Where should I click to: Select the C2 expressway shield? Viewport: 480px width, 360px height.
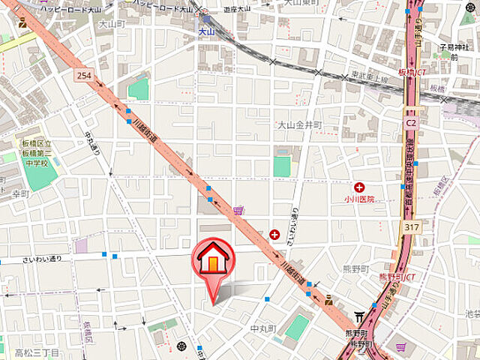coord(411,120)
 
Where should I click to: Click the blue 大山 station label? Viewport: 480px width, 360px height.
coord(207,31)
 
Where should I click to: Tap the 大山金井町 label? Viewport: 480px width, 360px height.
coord(299,124)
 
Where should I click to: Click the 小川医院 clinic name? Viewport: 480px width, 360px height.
coord(359,199)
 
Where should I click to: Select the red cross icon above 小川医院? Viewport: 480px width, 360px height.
coord(359,187)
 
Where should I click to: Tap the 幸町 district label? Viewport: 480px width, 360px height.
coord(20,193)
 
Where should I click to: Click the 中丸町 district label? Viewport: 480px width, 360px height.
coord(263,329)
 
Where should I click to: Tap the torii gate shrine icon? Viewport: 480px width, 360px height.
coord(359,317)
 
